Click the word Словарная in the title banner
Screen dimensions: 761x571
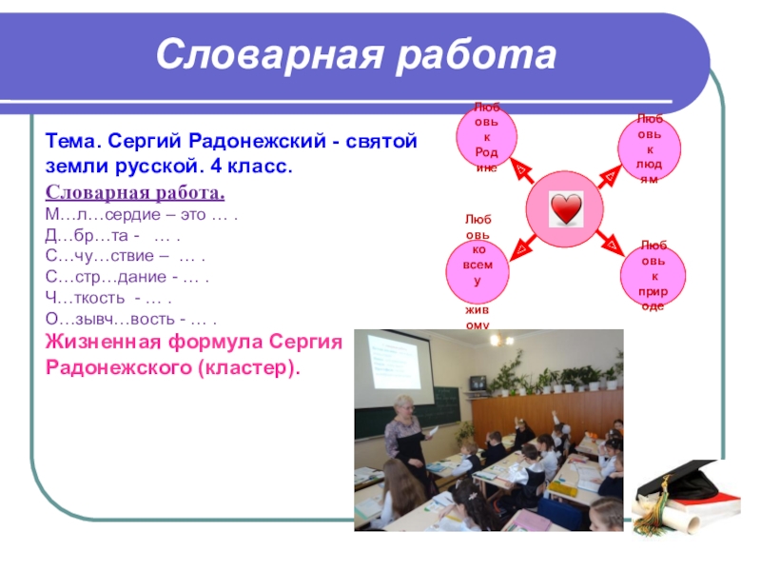[269, 54]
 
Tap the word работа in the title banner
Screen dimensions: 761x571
[477, 54]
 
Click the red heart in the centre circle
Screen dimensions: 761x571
[566, 208]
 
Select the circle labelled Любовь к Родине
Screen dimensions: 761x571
[486, 137]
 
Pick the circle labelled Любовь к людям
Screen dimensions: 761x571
[650, 148]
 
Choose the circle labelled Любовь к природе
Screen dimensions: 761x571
[654, 276]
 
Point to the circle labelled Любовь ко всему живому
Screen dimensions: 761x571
[478, 271]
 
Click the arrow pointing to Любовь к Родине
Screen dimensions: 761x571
[522, 169]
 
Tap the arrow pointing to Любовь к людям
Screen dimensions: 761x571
[609, 176]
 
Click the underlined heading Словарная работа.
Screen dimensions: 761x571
[135, 192]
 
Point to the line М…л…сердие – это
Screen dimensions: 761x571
[141, 214]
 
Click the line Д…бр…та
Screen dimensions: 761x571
[112, 235]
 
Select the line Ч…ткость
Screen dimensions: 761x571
[108, 298]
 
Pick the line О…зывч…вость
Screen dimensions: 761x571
[130, 319]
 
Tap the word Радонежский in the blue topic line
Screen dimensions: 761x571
[257, 141]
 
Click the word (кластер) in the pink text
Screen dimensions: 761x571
[249, 367]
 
